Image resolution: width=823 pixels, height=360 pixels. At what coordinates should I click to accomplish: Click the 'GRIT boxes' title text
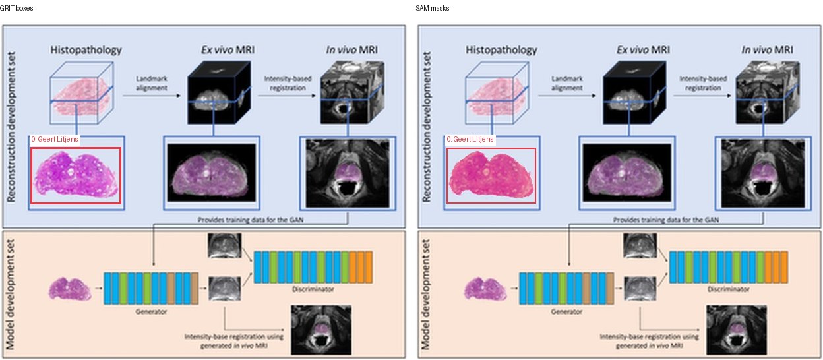[16, 8]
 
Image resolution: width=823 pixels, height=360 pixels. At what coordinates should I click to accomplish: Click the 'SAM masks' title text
[432, 8]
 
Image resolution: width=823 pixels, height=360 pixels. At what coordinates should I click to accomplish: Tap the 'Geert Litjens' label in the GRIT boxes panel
[54, 140]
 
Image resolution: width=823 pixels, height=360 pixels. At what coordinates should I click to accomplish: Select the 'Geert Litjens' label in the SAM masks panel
[470, 140]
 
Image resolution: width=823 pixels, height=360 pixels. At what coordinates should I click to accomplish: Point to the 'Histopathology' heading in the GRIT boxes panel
[86, 50]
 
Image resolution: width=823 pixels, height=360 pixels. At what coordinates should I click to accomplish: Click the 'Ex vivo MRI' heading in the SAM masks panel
[643, 50]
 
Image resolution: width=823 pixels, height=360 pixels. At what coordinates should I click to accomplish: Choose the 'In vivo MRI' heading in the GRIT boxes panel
[351, 50]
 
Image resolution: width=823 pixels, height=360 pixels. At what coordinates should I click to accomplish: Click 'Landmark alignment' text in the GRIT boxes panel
[152, 83]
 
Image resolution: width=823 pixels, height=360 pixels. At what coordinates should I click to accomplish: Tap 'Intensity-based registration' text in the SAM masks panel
[703, 83]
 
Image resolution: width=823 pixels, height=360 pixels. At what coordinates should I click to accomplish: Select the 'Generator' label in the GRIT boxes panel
[151, 311]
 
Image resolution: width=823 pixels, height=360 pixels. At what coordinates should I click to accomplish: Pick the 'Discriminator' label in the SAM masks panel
[728, 289]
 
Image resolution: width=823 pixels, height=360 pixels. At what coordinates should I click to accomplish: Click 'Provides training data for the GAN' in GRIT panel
[251, 220]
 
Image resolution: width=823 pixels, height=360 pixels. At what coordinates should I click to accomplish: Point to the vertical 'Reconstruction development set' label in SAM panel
[426, 127]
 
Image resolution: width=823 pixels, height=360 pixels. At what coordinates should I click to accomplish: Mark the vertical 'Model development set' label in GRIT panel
[11, 294]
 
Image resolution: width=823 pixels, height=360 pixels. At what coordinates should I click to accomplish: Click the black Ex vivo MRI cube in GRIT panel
[219, 92]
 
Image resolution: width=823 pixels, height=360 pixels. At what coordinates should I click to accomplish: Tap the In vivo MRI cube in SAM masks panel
[768, 92]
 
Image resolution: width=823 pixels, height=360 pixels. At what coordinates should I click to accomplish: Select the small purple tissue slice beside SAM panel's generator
[486, 289]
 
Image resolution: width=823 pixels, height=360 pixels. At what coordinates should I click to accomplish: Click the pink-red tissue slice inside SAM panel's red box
[491, 175]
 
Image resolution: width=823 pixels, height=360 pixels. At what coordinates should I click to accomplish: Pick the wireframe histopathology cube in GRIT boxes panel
[81, 92]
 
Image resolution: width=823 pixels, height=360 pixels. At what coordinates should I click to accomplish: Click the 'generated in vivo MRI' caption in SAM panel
[649, 345]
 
